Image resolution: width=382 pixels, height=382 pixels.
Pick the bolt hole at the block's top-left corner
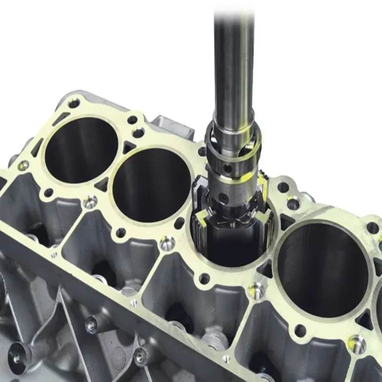click(74, 103)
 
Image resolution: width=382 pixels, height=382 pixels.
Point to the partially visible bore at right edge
click(378, 306)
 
